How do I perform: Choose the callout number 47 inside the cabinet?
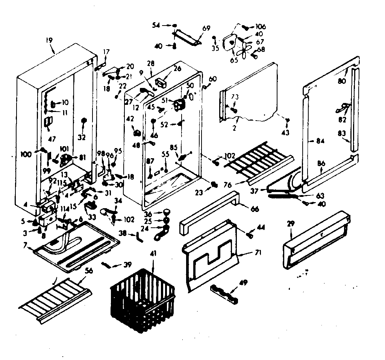click(52, 139)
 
